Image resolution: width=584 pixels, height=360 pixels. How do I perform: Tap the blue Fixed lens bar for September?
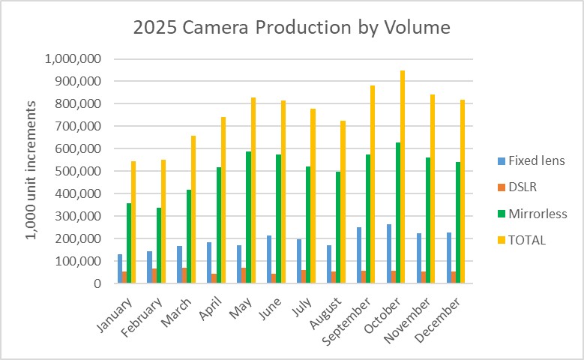click(x=358, y=255)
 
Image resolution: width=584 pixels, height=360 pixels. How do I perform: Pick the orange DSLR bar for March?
click(x=184, y=275)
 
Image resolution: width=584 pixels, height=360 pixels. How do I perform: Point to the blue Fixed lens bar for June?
click(x=268, y=259)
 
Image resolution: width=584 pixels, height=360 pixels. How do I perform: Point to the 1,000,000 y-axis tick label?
click(x=73, y=58)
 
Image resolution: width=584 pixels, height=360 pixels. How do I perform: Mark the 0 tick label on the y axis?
click(x=97, y=283)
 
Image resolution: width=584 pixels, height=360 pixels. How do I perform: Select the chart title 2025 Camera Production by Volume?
click(x=292, y=28)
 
